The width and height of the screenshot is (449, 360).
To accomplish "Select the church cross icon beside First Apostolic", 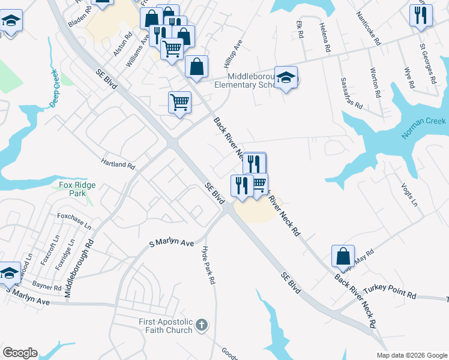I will [x=202, y=325].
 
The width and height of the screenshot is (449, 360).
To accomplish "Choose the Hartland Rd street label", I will [x=118, y=164].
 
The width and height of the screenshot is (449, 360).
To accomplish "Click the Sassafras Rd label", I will [x=352, y=93].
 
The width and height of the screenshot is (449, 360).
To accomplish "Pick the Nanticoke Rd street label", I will [x=369, y=28].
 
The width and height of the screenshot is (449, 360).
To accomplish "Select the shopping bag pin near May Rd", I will [x=342, y=256].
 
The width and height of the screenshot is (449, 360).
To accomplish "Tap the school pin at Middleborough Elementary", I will [x=286, y=77].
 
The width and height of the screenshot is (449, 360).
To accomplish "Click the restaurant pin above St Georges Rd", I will [x=421, y=14].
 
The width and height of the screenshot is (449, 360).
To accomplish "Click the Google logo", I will [x=20, y=353].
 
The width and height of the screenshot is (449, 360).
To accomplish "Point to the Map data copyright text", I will [x=411, y=355].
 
